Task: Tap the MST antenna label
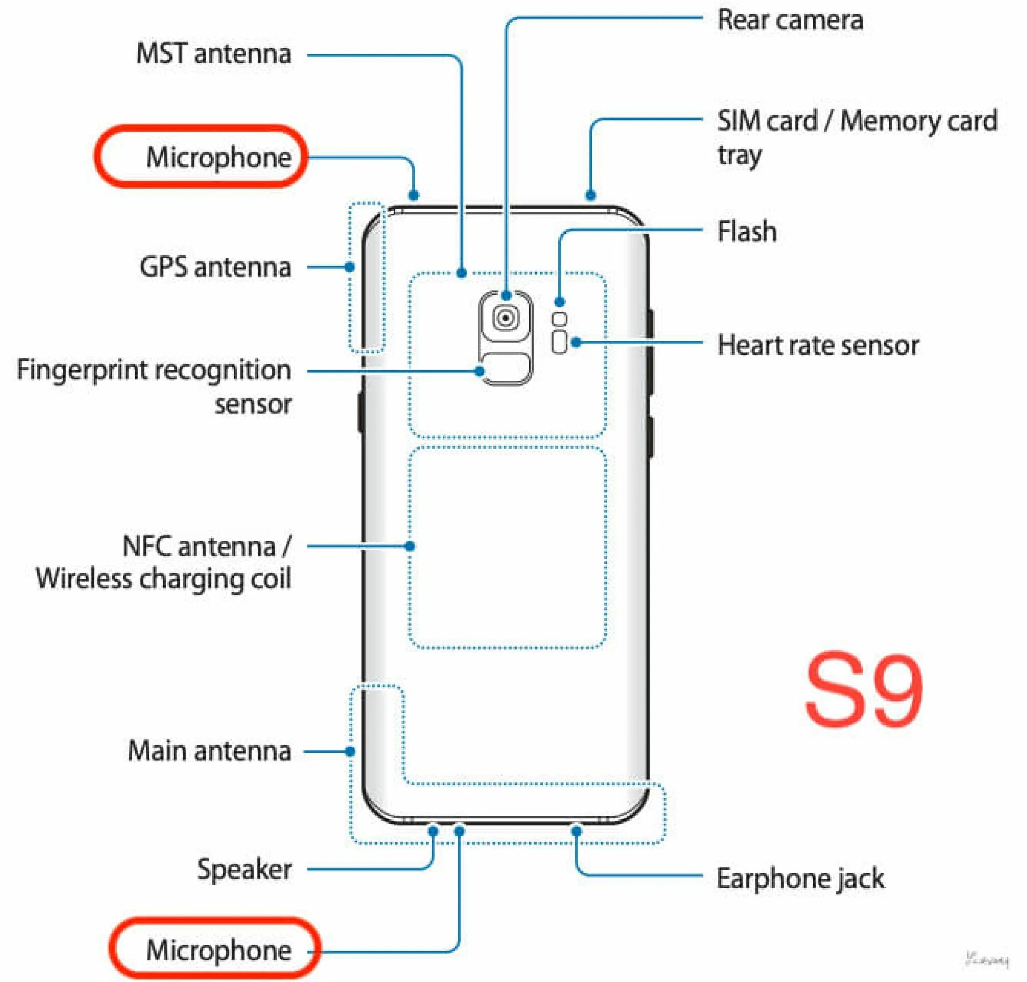pos(214,54)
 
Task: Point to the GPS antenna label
pos(215,267)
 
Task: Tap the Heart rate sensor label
pos(817,345)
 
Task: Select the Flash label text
pos(746,232)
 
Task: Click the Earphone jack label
pos(800,878)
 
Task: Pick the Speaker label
pos(244,869)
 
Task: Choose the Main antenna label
pos(210,751)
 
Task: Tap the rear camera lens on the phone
pos(505,318)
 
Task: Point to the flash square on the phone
pos(559,319)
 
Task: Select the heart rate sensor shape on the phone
pos(559,342)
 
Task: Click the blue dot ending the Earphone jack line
pos(576,831)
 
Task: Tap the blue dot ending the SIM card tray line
pos(590,195)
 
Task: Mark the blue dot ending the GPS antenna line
pos(350,267)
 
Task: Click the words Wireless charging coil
pos(163,579)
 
